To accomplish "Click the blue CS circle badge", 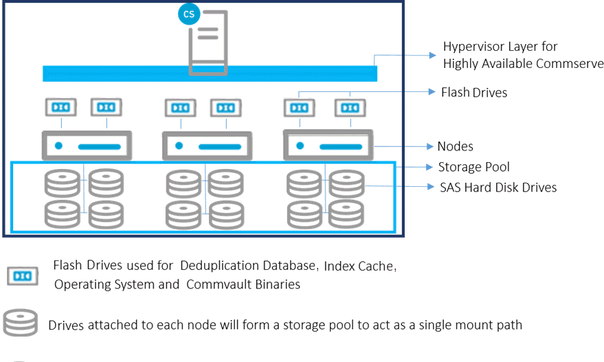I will point(188,14).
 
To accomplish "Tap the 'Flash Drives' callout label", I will point(474,92).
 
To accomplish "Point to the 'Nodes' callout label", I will point(455,146).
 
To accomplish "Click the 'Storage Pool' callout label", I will point(473,167).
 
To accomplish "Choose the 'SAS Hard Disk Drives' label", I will point(497,187).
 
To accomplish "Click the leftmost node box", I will point(87,146).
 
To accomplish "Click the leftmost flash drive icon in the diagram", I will point(61,107).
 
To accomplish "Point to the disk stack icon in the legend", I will point(21,324).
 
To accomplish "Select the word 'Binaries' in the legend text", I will point(277,284).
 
